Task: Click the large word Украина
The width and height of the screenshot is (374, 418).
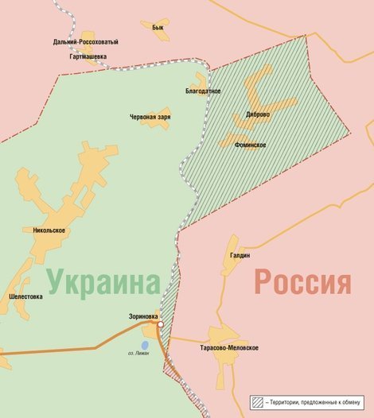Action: (x=103, y=281)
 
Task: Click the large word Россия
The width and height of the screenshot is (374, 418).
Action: (x=302, y=281)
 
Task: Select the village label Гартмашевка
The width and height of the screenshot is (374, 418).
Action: (x=84, y=56)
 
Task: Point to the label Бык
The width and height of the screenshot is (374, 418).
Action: (x=157, y=27)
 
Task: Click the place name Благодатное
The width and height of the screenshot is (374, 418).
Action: (x=203, y=91)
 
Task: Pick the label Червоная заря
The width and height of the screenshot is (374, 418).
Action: (x=150, y=117)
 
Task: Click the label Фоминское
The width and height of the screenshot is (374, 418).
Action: (x=250, y=145)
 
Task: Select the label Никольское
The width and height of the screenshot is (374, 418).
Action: (x=49, y=230)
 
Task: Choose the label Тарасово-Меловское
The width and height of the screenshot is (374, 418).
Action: (x=228, y=347)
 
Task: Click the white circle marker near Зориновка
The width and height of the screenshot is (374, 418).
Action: (x=161, y=325)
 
